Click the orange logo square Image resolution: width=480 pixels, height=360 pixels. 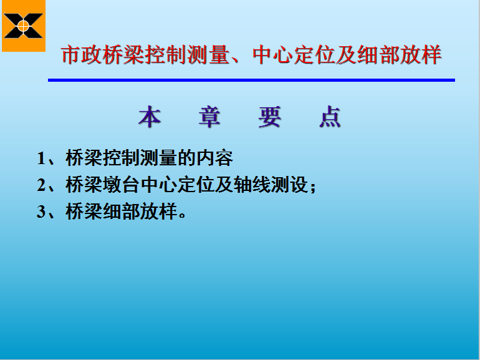24,26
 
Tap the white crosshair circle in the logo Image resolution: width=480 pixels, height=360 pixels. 23,26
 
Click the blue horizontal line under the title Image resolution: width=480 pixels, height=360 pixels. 251,80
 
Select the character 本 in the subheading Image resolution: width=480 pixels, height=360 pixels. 150,117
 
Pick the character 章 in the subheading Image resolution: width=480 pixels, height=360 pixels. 209,117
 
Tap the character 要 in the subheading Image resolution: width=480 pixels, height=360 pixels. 269,117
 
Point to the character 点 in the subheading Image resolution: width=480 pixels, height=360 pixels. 330,117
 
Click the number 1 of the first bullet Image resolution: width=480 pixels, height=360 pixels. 41,158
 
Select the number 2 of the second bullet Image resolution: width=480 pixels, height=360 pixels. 41,185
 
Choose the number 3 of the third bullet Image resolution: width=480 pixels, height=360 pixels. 41,212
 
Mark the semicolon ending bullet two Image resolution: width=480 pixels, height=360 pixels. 313,187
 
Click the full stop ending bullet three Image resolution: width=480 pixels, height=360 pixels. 183,215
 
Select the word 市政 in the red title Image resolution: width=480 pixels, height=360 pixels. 82,55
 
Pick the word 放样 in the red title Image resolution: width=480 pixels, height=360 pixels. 420,55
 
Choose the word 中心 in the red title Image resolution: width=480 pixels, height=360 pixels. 273,55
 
